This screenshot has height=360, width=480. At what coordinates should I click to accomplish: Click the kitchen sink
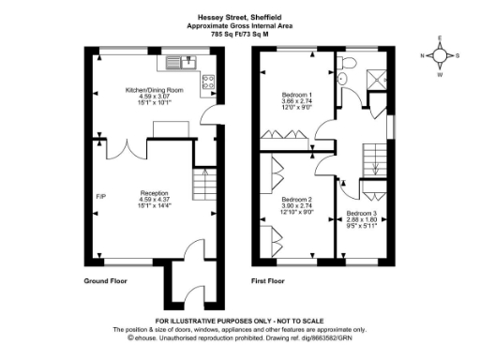[177, 63]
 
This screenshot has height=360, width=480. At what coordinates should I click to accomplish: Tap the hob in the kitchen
[209, 82]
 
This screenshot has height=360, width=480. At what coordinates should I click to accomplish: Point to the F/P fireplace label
[100, 197]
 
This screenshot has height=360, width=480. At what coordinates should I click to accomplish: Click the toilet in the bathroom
[348, 63]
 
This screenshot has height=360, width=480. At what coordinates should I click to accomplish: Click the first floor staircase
[372, 156]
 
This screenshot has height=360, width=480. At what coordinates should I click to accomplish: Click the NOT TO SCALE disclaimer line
[240, 323]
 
